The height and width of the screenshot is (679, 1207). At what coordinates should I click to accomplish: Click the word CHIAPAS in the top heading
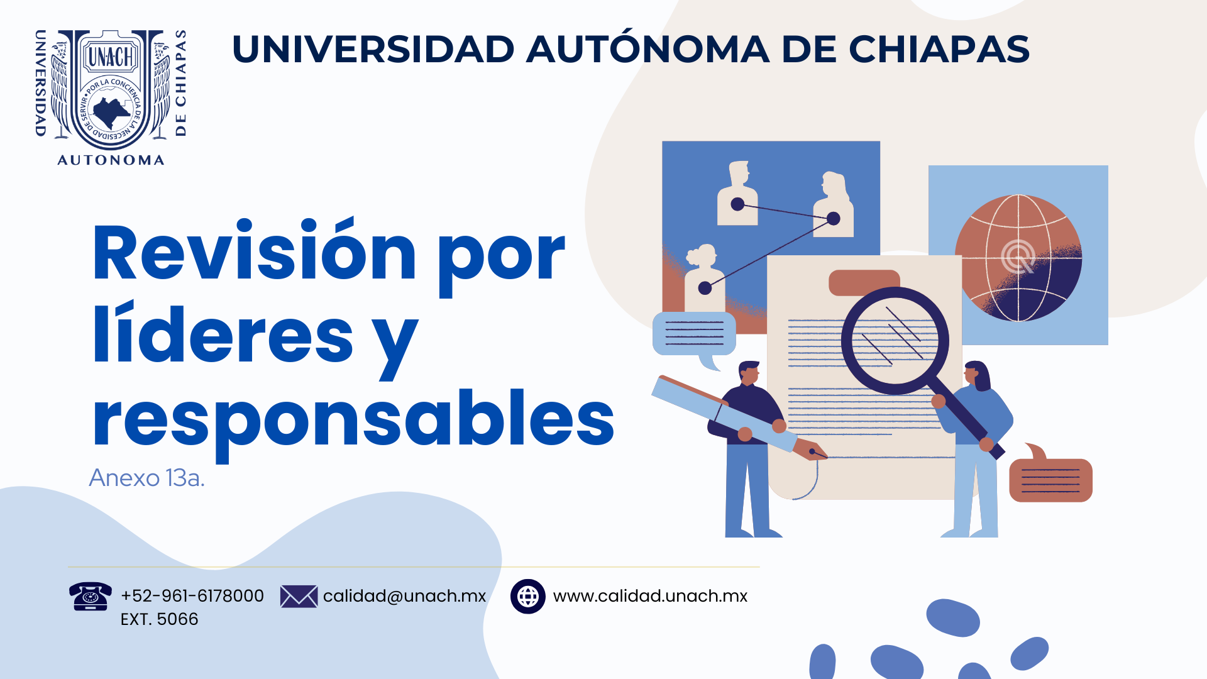point(939,49)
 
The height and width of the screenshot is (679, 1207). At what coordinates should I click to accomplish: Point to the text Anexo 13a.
point(147,478)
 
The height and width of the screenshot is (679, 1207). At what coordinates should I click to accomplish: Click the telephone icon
point(91,596)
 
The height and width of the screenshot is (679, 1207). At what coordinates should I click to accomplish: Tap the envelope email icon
point(299,596)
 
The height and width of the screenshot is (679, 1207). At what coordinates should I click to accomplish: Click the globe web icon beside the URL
point(528,596)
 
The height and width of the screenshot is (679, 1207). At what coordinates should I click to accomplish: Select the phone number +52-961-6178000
point(192,596)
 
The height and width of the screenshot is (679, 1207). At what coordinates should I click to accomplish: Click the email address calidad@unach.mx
point(405,596)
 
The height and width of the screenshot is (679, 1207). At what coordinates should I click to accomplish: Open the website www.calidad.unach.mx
point(650,596)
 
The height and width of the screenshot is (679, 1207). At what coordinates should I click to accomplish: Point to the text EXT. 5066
point(159,619)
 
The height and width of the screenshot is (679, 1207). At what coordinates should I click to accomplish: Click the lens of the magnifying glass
point(895,340)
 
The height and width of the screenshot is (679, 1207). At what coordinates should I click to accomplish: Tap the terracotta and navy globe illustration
point(1018,258)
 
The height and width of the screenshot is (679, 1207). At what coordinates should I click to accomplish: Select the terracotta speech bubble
point(1050,477)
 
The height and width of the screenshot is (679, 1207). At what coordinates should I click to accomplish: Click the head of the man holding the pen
point(749,372)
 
